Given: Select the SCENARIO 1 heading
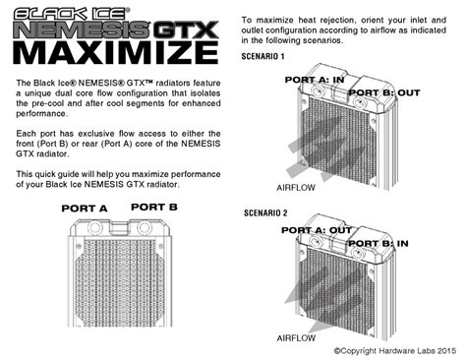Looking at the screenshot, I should (266, 57).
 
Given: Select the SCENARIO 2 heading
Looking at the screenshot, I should (266, 212).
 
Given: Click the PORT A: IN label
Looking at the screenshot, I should (315, 78).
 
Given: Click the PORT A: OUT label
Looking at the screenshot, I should (318, 229).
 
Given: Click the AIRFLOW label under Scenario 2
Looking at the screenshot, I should (296, 337).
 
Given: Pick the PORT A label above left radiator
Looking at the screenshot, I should (85, 209).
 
